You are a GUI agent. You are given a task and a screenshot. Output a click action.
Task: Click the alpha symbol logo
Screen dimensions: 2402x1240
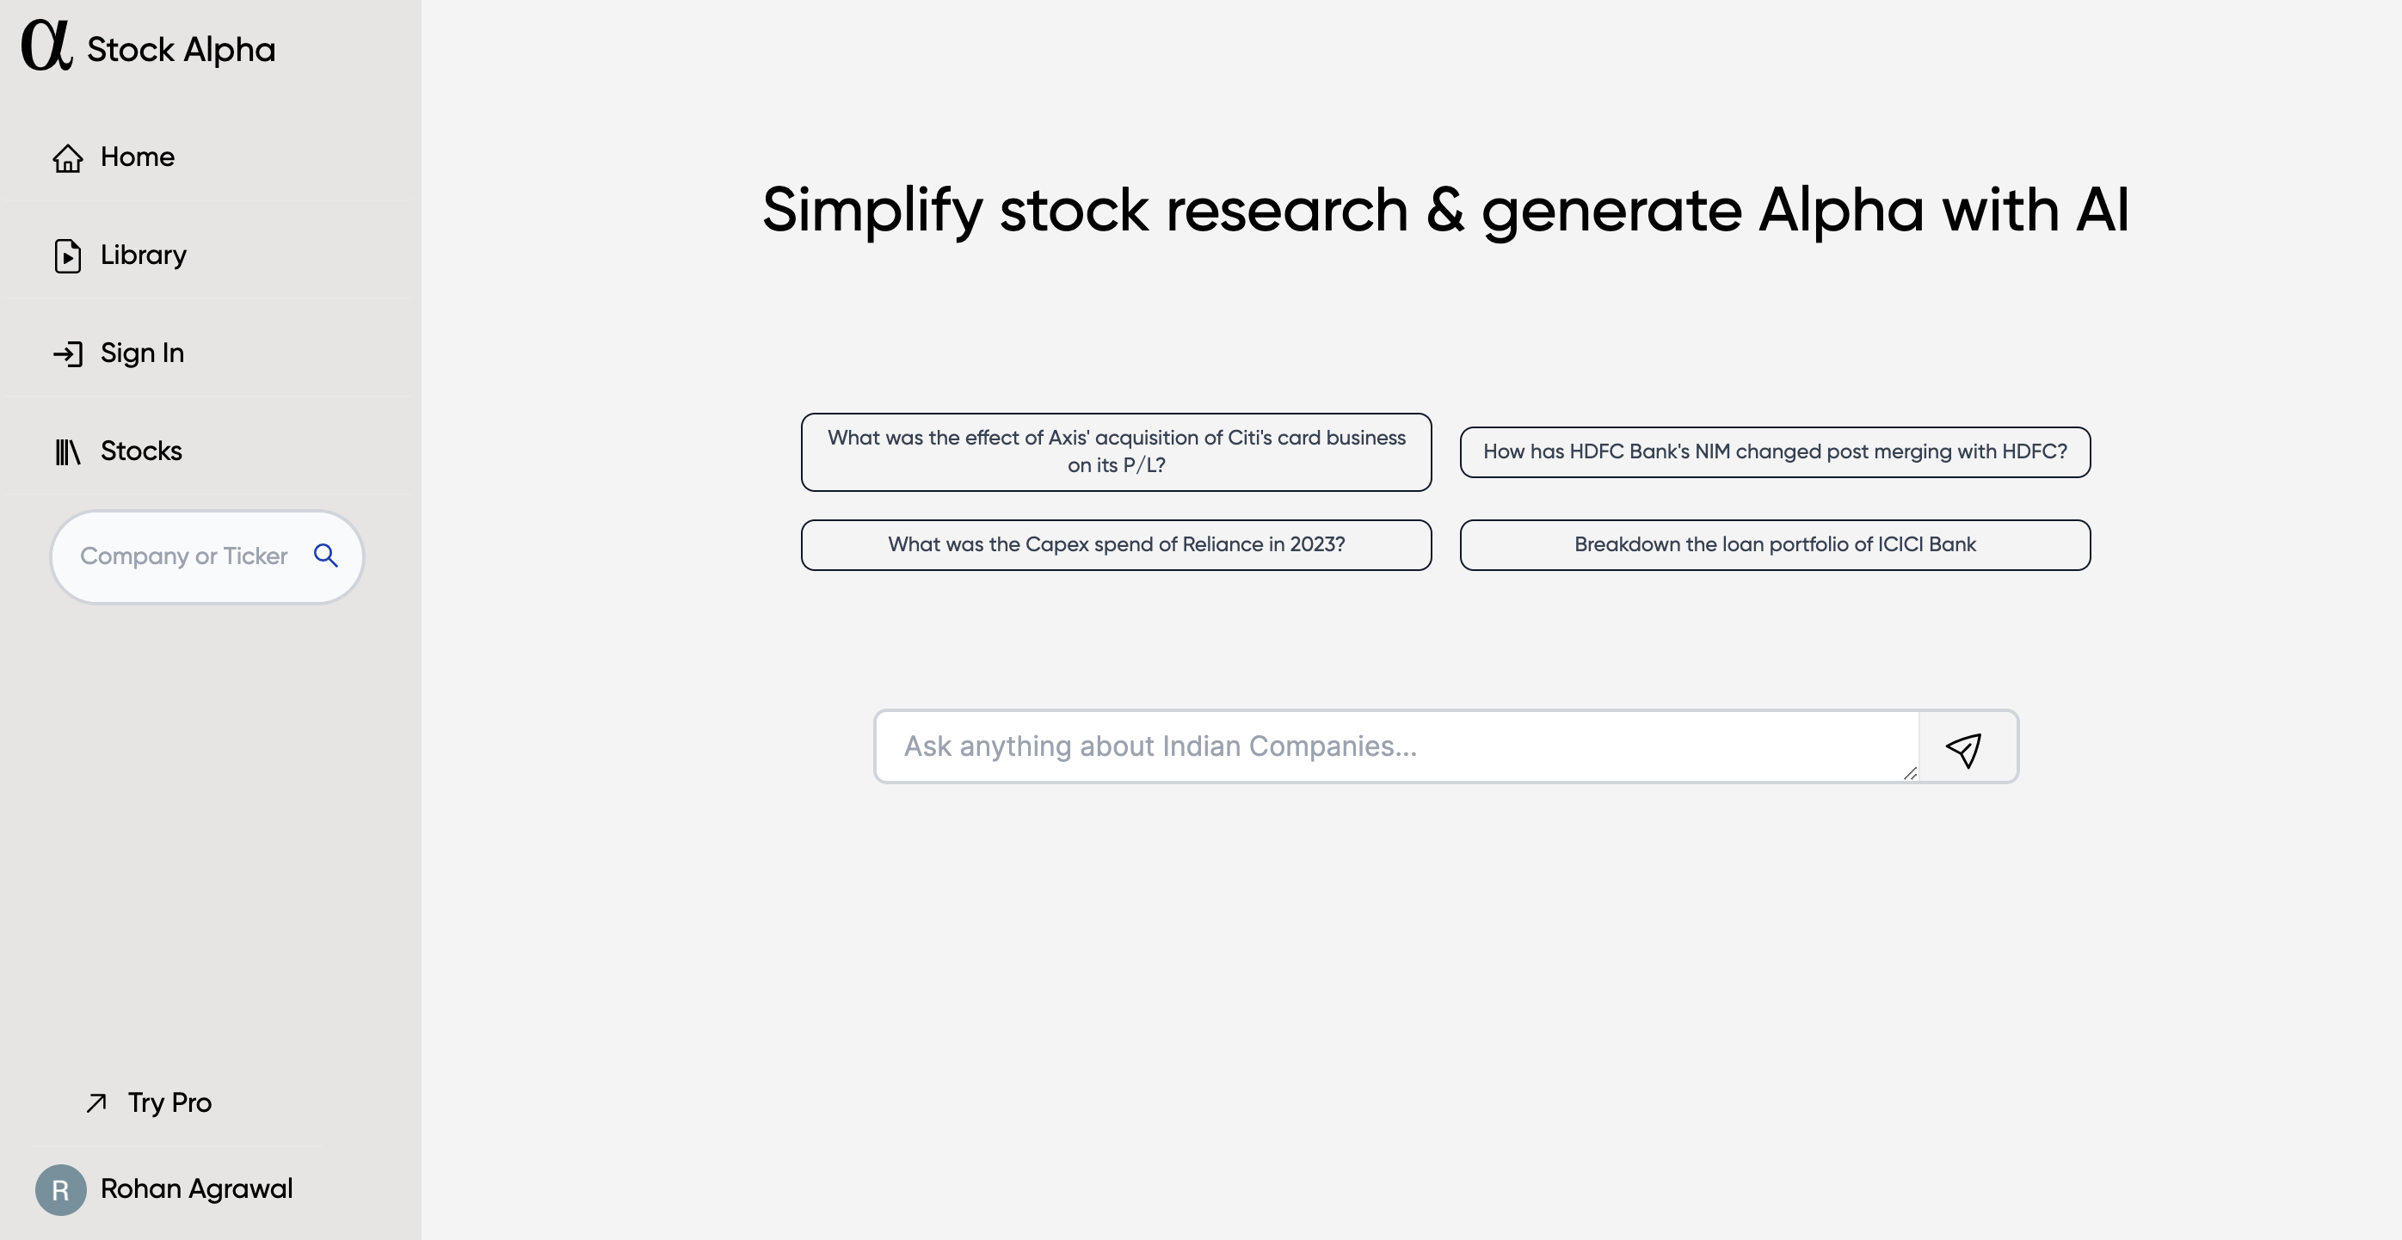[x=46, y=46]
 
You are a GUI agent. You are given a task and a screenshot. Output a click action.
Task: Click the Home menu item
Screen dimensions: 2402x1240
[x=114, y=157]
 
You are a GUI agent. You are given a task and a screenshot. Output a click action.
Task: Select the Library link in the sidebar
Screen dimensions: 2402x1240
[x=120, y=255]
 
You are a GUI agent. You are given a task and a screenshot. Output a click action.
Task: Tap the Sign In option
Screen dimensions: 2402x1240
[x=119, y=353]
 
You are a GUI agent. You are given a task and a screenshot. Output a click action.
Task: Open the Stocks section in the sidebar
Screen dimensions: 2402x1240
[x=118, y=451]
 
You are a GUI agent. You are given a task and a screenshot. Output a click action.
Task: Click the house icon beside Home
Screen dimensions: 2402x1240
[x=67, y=157]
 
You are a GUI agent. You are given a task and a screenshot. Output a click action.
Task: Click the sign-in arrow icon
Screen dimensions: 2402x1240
[x=67, y=353]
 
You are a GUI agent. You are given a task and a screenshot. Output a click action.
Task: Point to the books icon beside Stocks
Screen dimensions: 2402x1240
[x=67, y=451]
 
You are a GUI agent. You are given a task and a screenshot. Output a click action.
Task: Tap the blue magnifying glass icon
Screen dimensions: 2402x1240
[x=325, y=556]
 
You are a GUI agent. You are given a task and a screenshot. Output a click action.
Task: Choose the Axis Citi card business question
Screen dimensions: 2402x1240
[x=1116, y=452]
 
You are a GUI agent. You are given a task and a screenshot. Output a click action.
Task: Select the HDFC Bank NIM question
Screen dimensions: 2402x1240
[x=1775, y=452]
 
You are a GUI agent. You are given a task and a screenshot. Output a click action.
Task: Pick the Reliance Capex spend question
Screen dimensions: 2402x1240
[x=1116, y=544]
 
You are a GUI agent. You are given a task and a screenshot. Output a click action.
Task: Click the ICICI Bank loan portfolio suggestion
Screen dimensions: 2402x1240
[x=1775, y=544]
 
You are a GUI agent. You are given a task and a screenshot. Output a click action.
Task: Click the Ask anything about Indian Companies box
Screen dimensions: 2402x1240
[x=1396, y=746]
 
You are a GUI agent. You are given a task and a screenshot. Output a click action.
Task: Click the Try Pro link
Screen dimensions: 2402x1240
[x=149, y=1103]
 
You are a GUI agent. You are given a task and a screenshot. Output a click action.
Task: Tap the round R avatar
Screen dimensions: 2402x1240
[x=60, y=1189]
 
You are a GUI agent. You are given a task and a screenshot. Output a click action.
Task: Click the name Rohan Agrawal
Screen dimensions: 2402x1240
[x=197, y=1188]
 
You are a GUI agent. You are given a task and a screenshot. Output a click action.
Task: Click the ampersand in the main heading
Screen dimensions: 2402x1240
[x=1444, y=210]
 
